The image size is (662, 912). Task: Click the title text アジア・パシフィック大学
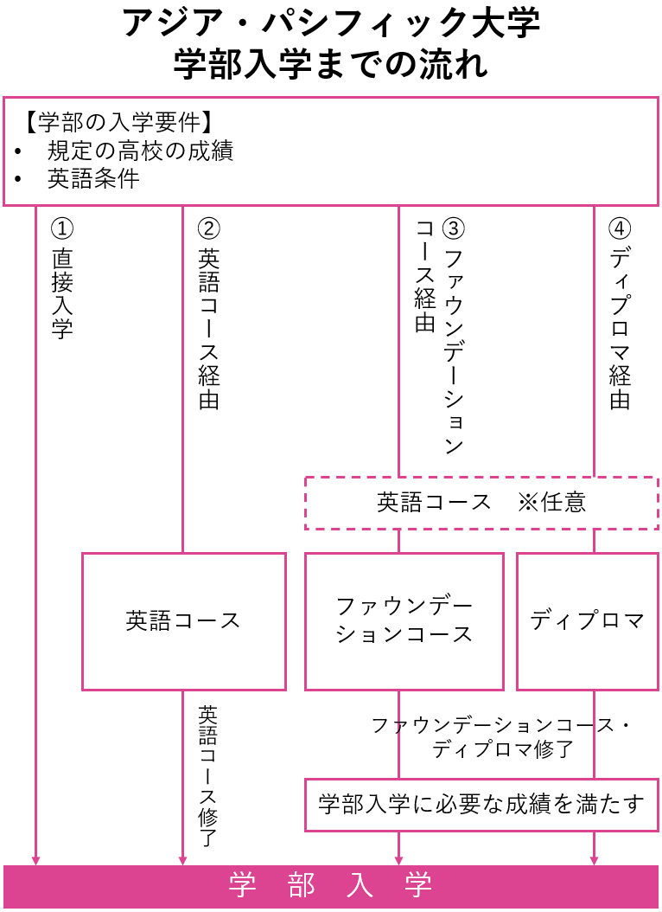point(331,23)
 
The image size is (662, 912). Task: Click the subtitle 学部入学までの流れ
point(331,64)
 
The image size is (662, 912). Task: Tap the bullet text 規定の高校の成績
point(140,151)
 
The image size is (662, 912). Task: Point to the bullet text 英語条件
point(93,179)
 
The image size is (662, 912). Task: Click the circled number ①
point(62,228)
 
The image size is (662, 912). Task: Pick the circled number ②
point(209,228)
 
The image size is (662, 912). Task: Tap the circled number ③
point(454,228)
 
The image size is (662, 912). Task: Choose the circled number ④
point(620,228)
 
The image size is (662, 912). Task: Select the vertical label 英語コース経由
point(209,329)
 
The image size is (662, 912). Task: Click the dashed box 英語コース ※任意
point(481,503)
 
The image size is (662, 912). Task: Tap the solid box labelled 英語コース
point(183,621)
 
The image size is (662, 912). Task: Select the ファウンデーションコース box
point(404,621)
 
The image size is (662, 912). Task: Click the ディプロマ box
point(587,621)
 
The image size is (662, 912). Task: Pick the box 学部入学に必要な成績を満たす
point(481,805)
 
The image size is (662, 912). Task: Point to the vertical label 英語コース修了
point(208,775)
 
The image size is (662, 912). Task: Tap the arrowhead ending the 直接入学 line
point(35,859)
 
